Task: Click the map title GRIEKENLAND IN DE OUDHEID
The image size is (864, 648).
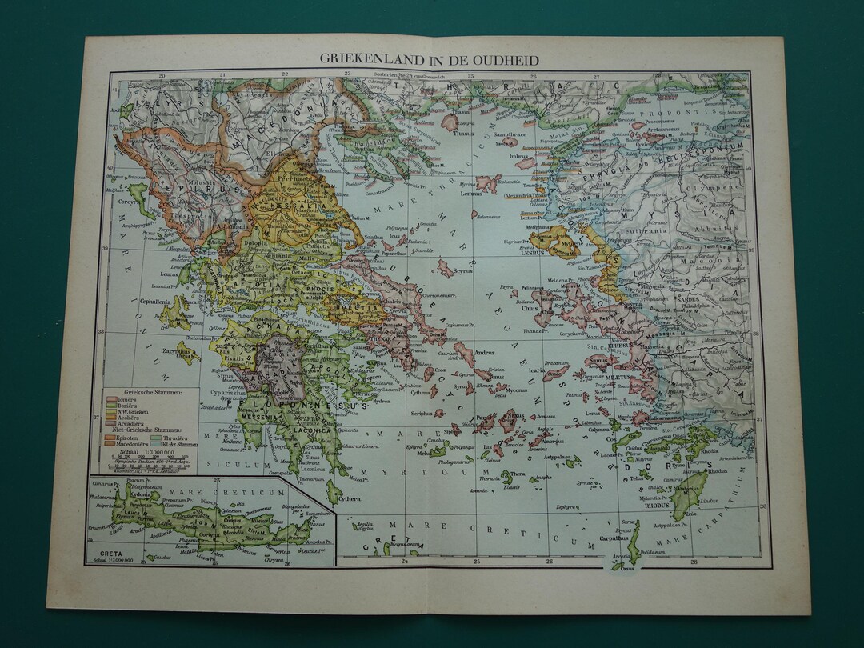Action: (x=430, y=60)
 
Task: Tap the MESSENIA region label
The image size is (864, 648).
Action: (x=259, y=418)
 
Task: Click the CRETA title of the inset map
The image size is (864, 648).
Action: (x=107, y=552)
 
